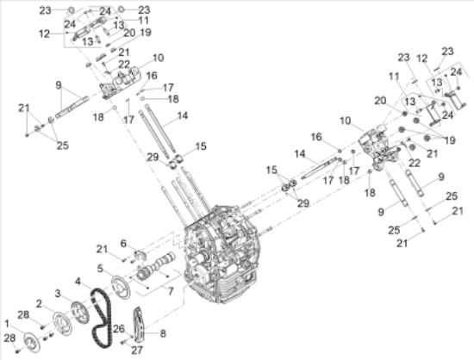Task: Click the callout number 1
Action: coord(9,322)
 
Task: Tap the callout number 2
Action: coord(39,305)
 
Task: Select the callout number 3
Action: coord(57,294)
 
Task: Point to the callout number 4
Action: coord(78,281)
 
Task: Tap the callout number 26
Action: coord(117,328)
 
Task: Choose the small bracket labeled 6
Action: coord(136,255)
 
